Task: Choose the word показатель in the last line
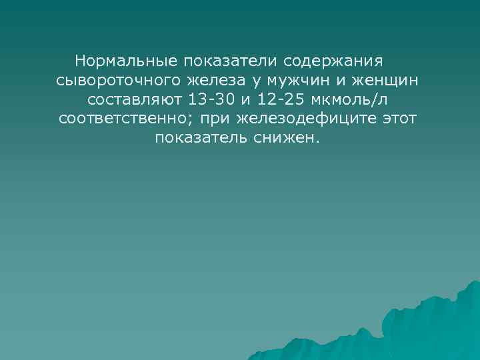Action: [198, 138]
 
